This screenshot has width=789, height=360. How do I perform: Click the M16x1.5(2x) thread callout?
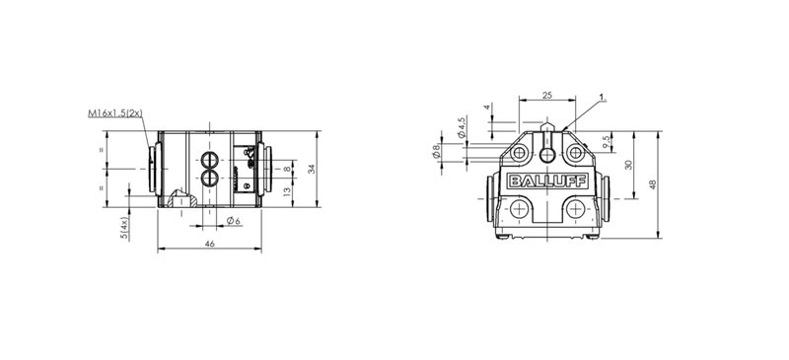(x=114, y=113)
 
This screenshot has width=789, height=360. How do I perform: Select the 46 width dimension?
(x=210, y=244)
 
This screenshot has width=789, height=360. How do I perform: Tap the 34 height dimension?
(x=312, y=169)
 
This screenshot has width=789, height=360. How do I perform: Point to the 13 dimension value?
(x=287, y=190)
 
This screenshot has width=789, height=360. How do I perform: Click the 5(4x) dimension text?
(x=124, y=228)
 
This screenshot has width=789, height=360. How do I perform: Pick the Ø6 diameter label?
(x=233, y=220)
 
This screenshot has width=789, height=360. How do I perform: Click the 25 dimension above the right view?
(x=547, y=95)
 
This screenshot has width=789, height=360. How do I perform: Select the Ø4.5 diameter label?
(x=461, y=127)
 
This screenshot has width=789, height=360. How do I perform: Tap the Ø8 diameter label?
(x=436, y=151)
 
